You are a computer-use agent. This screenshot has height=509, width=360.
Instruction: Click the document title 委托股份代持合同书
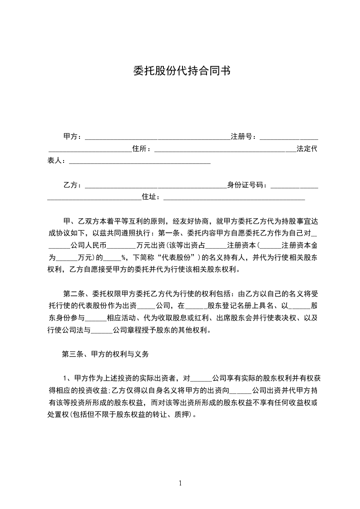click(180, 71)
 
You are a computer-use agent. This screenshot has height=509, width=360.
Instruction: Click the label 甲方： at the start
click(73, 136)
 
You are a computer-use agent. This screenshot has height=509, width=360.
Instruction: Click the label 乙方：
click(73, 185)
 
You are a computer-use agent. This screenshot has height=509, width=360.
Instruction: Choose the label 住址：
click(152, 197)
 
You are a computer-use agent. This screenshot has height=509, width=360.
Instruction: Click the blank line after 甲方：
click(157, 137)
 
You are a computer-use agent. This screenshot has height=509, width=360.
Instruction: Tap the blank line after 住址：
click(233, 198)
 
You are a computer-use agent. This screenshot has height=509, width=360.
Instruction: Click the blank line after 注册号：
click(289, 137)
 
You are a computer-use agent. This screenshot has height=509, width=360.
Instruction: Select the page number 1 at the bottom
click(180, 483)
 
